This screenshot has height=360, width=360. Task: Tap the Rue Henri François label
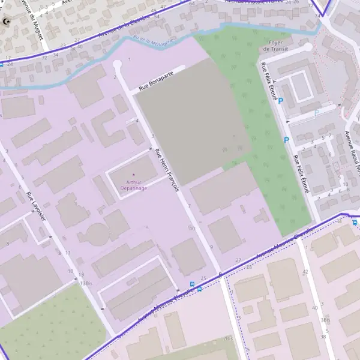point(167,170)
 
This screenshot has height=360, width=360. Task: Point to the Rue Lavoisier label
point(36,207)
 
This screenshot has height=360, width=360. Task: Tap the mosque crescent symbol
point(7,23)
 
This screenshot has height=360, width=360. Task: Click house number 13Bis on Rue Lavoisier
point(86,283)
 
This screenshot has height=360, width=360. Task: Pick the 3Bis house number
point(325,320)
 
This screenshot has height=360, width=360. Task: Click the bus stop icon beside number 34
point(355,223)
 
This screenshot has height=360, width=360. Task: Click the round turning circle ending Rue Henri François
point(117,64)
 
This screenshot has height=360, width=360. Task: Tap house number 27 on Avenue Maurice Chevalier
point(238,260)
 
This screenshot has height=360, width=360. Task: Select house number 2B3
point(228,339)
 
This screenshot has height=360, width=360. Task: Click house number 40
point(314,308)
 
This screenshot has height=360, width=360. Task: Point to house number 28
point(249,266)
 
